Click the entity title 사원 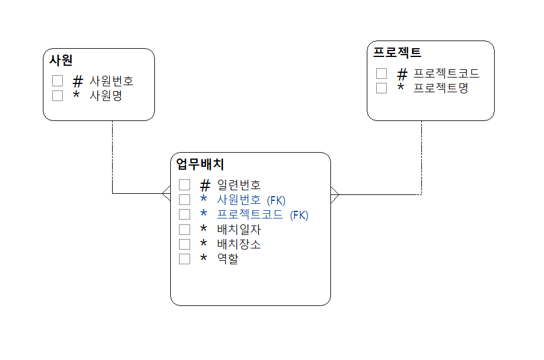pos(61,60)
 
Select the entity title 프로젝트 pos(397,52)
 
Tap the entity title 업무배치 pos(200,164)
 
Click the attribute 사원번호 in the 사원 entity pos(111,81)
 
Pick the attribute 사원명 pos(106,96)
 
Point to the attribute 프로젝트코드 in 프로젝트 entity pos(447,73)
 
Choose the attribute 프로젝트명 pos(441,88)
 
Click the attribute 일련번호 pos(239,185)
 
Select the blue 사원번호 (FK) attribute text pos(251,200)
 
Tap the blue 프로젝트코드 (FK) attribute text pos(262,214)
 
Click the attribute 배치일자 pos(239,229)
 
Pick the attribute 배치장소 pos(239,244)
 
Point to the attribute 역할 pos(228,258)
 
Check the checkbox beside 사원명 pos(58,96)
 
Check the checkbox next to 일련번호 pos(185,185)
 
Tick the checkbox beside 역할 pos(185,258)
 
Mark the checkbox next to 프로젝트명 pos(381,88)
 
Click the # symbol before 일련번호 pos(205,185)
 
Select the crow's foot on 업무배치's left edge pos(166,193)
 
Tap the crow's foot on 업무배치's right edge pos(334,194)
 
